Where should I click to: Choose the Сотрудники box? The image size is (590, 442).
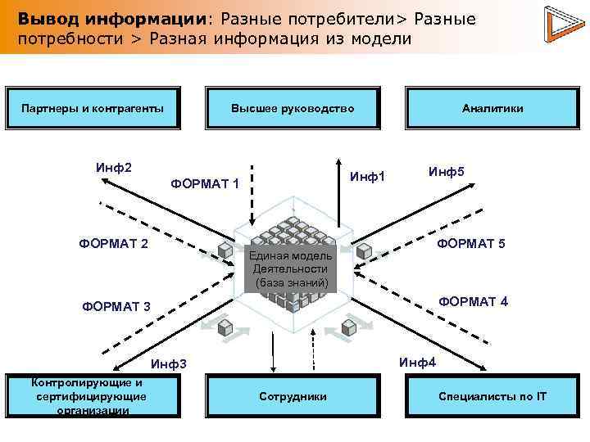(x=293, y=397)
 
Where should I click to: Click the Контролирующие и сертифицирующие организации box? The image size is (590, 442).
(x=92, y=397)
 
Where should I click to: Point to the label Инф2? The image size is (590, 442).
(x=113, y=168)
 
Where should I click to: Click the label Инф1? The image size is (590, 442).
(x=367, y=175)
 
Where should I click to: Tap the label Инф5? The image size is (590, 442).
(x=446, y=171)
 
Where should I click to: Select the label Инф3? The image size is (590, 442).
(x=170, y=363)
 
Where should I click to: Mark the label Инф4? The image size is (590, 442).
(x=418, y=362)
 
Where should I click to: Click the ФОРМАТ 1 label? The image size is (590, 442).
(x=205, y=183)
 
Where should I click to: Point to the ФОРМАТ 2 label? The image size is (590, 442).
(x=113, y=243)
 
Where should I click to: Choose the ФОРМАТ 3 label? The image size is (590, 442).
(x=116, y=307)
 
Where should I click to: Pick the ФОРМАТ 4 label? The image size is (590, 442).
(x=473, y=301)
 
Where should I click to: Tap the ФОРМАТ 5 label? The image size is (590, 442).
(x=471, y=243)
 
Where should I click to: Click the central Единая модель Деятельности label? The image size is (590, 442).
(x=291, y=268)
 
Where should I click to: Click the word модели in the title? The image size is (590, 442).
(x=382, y=38)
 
